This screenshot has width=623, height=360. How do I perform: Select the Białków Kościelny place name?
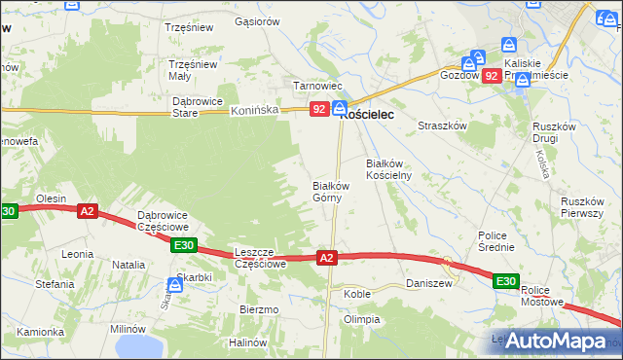point(388,169)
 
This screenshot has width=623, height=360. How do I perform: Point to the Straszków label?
point(443,126)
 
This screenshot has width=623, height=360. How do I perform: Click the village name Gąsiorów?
point(257,20)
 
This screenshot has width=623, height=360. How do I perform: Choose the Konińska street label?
point(255,111)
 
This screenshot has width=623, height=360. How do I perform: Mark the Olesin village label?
point(51,198)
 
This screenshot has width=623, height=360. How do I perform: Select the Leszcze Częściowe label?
point(260,257)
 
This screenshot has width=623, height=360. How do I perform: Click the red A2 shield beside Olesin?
point(88,210)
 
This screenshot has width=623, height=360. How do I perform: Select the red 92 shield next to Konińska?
point(318,110)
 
